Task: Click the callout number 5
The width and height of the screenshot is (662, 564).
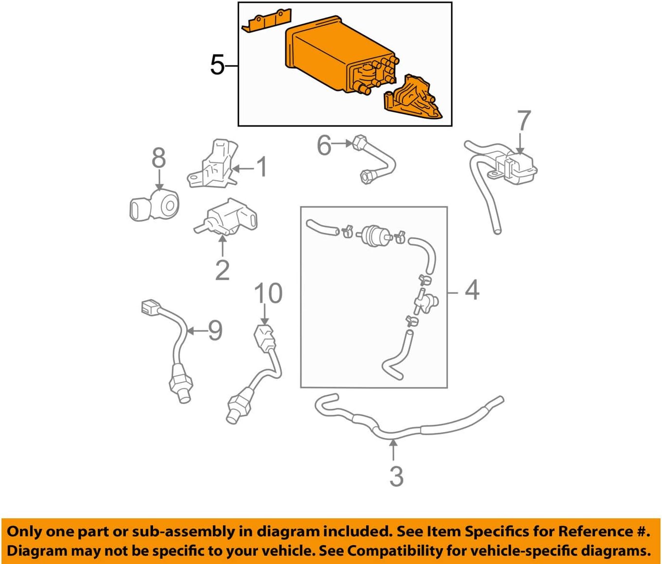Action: pos(217,65)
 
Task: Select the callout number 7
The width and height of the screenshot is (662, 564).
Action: pos(523,121)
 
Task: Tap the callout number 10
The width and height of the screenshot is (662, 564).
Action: pos(268,294)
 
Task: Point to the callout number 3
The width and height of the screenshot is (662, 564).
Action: pos(396,476)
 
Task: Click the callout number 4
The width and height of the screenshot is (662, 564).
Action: pos(471,290)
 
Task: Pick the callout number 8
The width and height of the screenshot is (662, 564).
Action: pos(158,159)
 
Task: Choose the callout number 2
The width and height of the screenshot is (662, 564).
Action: pos(222,270)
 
